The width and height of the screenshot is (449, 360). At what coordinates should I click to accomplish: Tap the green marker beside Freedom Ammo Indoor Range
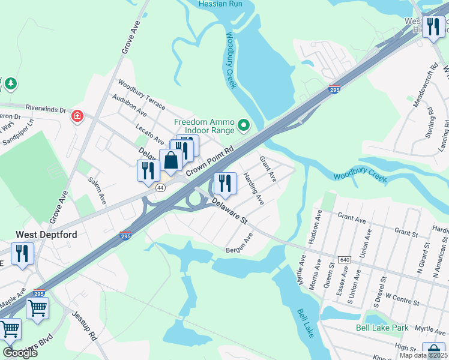(243, 125)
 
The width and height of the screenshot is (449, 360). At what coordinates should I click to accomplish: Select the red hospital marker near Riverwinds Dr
(77, 116)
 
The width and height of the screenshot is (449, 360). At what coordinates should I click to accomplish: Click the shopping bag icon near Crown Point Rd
(171, 161)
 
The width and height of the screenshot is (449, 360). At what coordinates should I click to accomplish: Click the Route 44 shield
(160, 188)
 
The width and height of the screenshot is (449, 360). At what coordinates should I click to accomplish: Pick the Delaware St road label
(228, 212)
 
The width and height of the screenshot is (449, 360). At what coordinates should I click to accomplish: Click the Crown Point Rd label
(209, 163)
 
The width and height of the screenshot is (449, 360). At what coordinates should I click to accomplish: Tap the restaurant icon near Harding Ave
(224, 183)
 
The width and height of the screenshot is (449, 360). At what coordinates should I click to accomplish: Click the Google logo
(19, 352)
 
